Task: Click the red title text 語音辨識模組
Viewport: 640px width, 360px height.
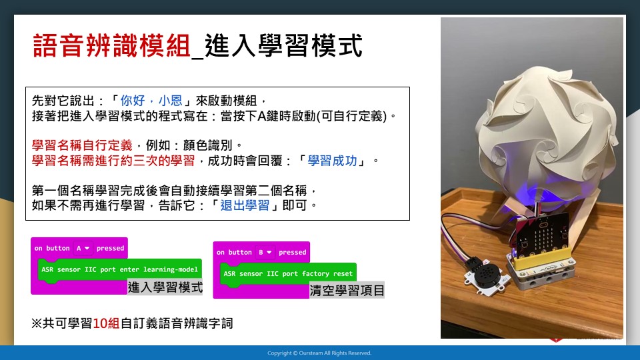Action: click(111, 46)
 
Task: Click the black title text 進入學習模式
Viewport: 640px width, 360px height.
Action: click(283, 46)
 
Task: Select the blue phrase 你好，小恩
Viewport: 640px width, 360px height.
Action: click(151, 101)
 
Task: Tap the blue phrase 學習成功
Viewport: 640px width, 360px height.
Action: click(332, 161)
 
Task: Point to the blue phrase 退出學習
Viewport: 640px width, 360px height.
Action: click(245, 205)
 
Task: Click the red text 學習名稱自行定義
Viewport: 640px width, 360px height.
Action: click(82, 145)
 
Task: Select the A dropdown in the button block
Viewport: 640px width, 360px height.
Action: click(83, 248)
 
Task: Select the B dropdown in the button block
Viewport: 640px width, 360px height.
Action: click(265, 252)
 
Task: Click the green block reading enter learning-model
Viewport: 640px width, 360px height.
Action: click(119, 269)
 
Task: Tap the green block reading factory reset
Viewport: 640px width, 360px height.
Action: click(288, 273)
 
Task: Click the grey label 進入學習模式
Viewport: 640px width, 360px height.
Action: click(165, 287)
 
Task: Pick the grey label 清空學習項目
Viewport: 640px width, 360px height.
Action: click(347, 290)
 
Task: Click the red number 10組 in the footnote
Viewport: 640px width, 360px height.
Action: click(106, 324)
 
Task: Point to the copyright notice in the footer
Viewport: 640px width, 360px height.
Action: click(319, 353)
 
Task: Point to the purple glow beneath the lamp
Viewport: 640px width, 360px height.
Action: click(527, 195)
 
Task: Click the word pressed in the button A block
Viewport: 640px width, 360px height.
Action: click(110, 248)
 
